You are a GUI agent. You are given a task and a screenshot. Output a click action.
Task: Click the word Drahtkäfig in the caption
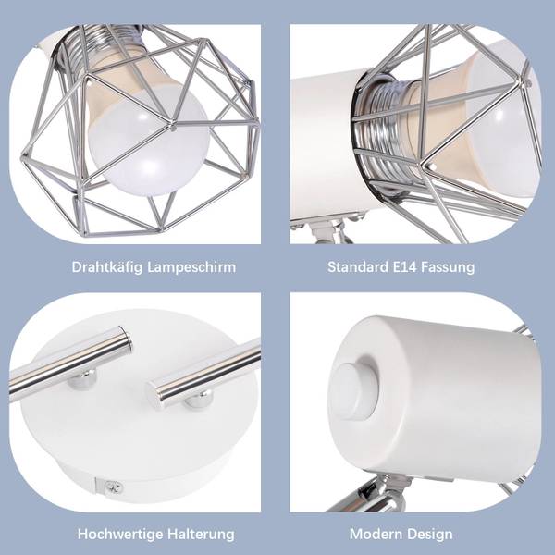107,267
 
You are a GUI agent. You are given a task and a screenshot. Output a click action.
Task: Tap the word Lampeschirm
191,267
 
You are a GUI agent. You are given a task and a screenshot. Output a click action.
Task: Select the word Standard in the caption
358,267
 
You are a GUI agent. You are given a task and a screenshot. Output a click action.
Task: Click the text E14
405,267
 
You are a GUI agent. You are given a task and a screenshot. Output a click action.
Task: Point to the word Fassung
448,267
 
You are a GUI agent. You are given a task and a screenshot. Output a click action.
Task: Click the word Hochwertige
120,534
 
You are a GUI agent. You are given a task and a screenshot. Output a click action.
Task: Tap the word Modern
376,534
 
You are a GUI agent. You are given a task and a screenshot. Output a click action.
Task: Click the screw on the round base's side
115,487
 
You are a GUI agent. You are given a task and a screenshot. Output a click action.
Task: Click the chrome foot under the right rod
199,400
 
